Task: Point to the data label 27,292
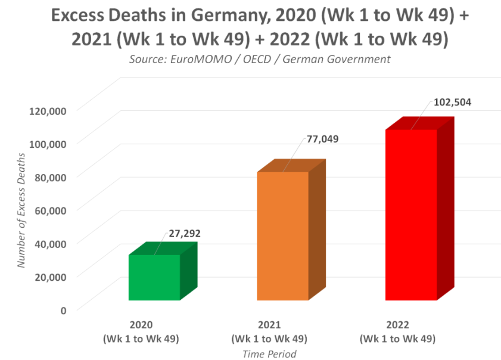coord(185,234)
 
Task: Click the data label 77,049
coord(322,139)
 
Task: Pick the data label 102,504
coord(452,103)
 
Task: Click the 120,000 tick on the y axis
coord(48,111)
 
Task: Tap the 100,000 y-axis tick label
coord(48,144)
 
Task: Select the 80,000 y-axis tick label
coord(51,178)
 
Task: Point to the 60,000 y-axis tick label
coord(51,210)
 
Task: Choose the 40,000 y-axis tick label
coord(51,244)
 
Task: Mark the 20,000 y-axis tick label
coord(51,277)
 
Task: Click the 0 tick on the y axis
coord(64,311)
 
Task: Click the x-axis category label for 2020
coord(141,331)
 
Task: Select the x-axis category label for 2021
coord(269,331)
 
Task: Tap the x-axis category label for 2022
coord(397,331)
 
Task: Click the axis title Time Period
coord(269,354)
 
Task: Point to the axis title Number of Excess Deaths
coord(21,210)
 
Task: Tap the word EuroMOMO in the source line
coord(201,59)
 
